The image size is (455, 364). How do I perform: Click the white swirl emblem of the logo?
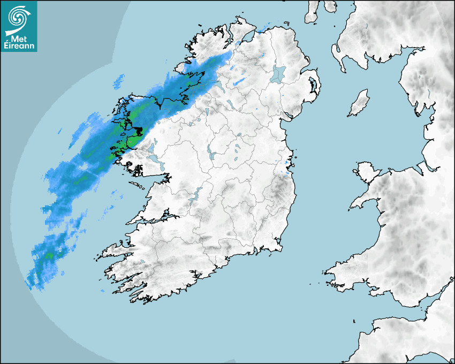[x=18, y=17]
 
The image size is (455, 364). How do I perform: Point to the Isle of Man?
[x=359, y=103]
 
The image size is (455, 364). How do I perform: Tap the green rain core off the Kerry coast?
[x=50, y=255]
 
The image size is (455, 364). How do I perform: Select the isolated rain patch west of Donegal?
[x=118, y=82]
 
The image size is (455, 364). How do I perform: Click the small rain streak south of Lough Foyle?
[x=239, y=82]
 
